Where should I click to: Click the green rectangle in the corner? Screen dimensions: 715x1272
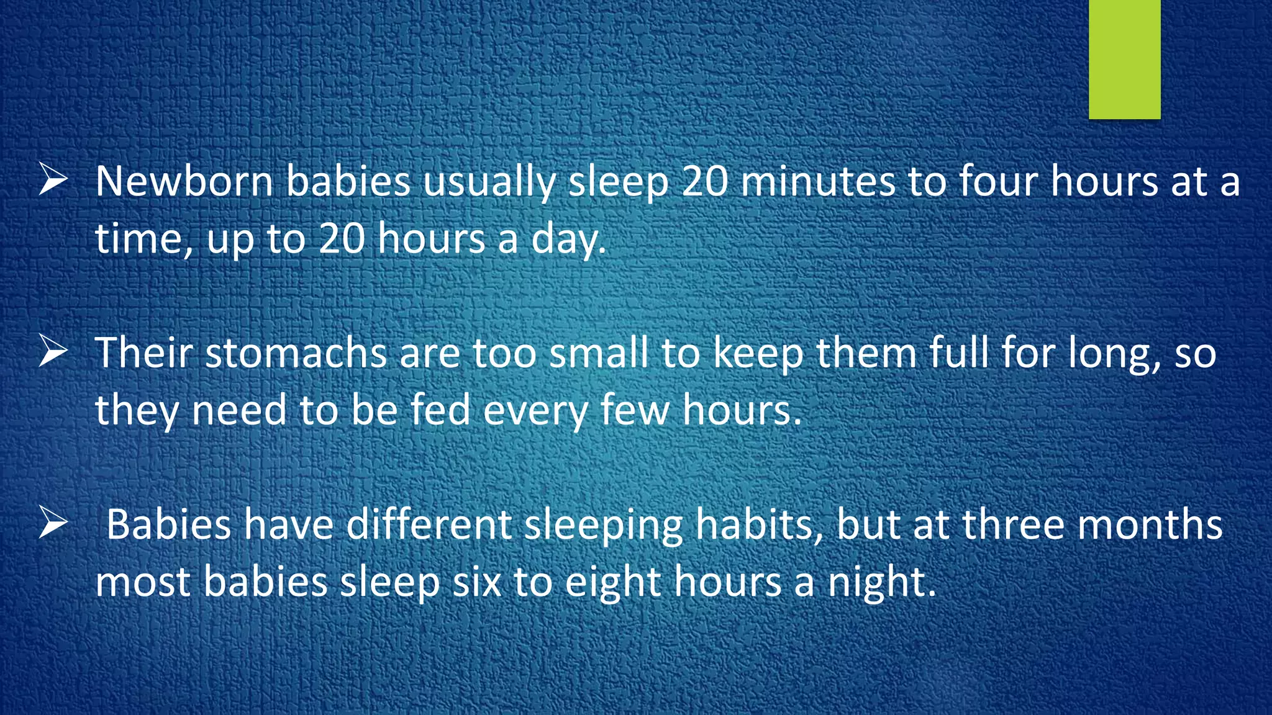tap(1124, 59)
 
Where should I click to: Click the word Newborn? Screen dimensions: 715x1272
tap(184, 182)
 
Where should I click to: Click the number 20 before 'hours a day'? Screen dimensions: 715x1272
tap(342, 239)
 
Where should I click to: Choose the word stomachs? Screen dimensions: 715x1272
tap(296, 353)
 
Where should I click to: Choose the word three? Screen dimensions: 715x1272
tap(1014, 524)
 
